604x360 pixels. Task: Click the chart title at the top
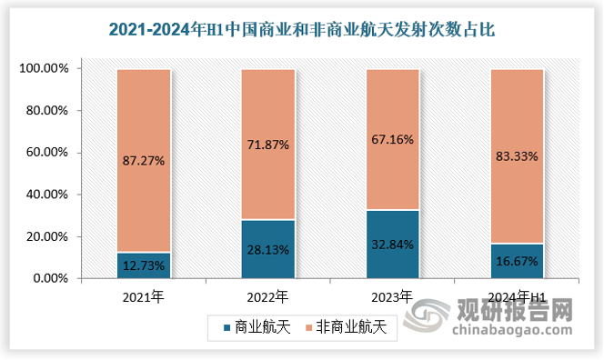302,30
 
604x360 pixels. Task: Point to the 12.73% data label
144,265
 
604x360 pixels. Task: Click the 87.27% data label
144,161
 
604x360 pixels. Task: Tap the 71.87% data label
268,144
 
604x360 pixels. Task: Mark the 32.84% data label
392,244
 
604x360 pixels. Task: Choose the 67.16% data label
392,139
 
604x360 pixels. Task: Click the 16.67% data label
517,261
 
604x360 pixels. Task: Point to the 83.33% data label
517,156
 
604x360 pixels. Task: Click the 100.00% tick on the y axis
42,69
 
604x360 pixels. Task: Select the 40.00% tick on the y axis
45,195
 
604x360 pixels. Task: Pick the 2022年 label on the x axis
268,296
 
